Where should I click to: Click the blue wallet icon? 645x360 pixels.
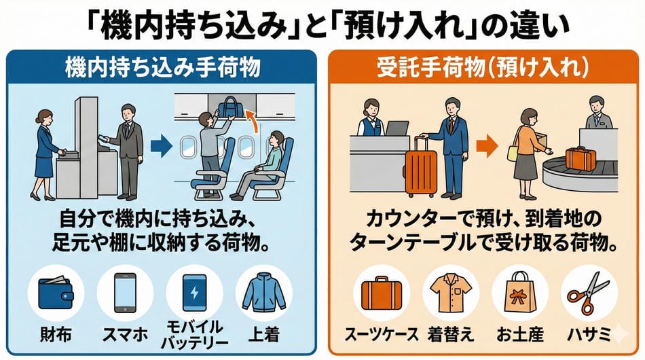point(56,293)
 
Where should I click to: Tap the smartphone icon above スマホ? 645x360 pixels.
point(125,293)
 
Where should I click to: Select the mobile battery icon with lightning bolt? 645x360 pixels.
point(195,293)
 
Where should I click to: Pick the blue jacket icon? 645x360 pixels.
point(263,292)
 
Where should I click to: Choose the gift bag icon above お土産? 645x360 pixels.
point(520,292)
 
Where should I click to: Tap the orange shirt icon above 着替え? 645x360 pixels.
point(451,293)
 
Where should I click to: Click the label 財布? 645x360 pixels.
point(56,334)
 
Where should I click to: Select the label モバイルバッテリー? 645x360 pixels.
point(195,335)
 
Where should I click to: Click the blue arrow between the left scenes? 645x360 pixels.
point(162,146)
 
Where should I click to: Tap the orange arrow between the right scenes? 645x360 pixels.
point(487,147)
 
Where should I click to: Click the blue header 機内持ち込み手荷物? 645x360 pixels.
point(162,67)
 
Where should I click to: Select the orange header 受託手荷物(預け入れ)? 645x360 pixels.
point(483,67)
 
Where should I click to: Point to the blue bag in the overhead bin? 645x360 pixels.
point(232,107)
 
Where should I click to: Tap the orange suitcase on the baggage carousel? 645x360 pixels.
point(580,158)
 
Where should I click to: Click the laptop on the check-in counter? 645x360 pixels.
point(397,128)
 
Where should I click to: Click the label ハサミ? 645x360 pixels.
point(589,334)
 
